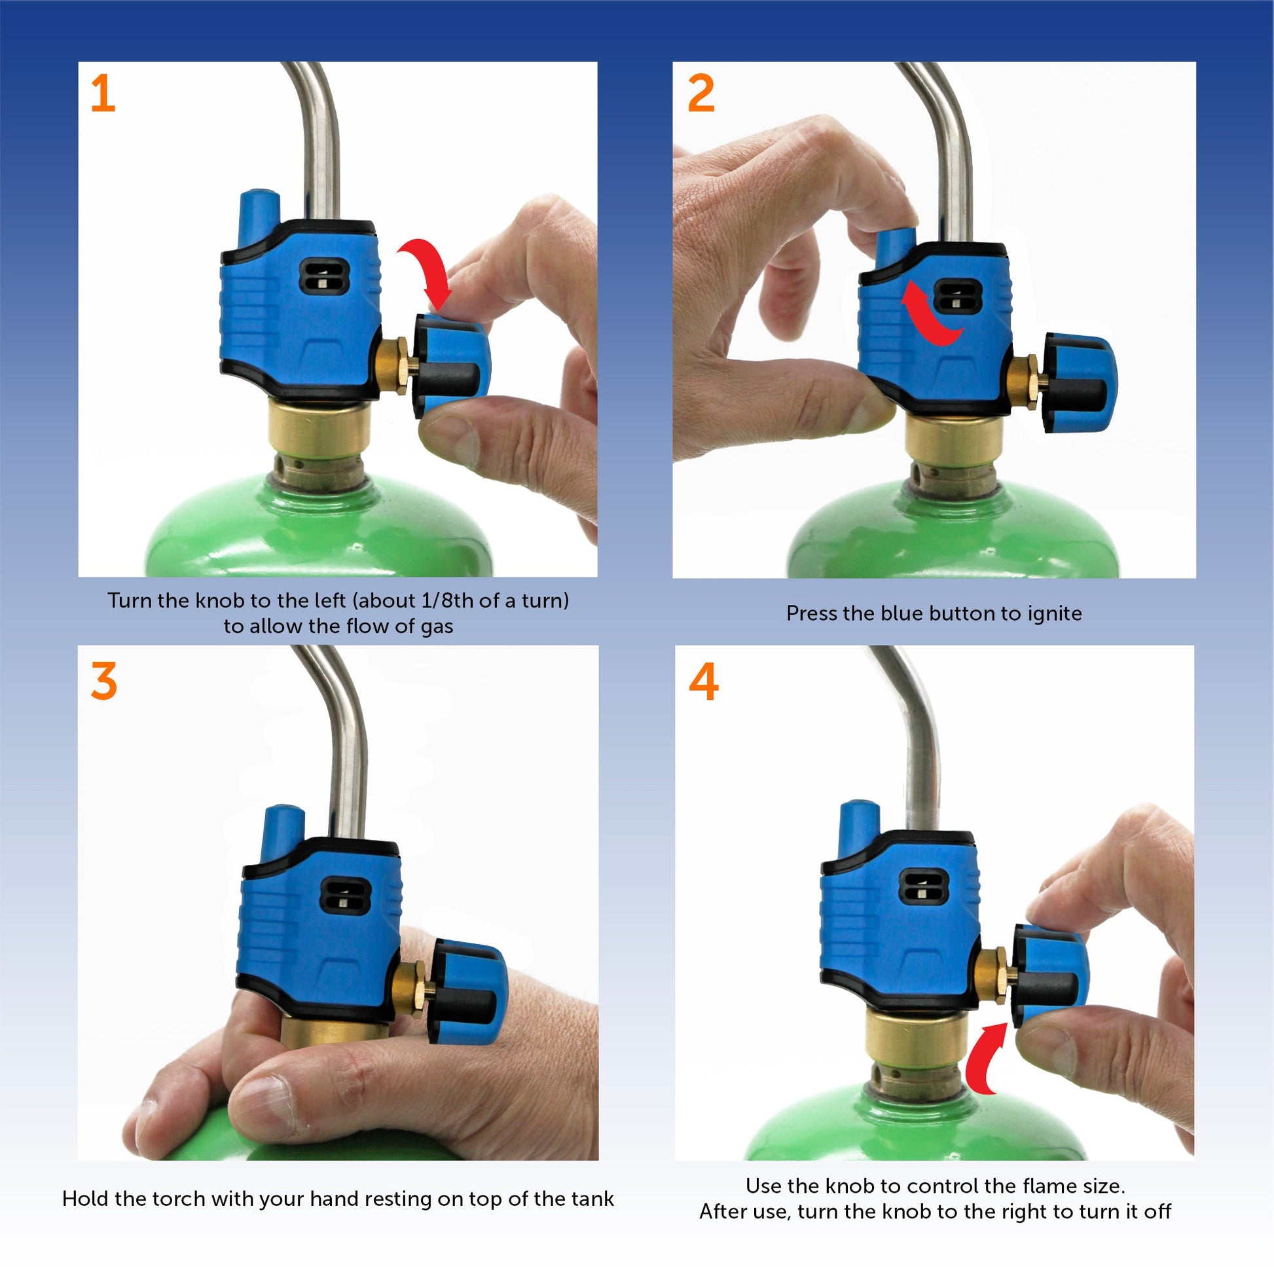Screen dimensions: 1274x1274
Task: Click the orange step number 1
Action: pos(103,93)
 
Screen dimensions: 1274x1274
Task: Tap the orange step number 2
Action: pos(701,93)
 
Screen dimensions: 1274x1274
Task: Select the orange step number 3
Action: pos(104,680)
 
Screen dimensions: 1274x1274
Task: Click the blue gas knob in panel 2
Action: pos(1080,383)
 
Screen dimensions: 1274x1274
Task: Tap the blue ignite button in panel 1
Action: pos(259,216)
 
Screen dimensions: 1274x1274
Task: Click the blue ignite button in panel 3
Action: pos(282,832)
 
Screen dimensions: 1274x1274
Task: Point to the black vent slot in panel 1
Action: pos(324,276)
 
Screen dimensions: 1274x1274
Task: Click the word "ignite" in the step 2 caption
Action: pos(1055,614)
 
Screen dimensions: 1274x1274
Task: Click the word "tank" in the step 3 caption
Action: pos(592,1198)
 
